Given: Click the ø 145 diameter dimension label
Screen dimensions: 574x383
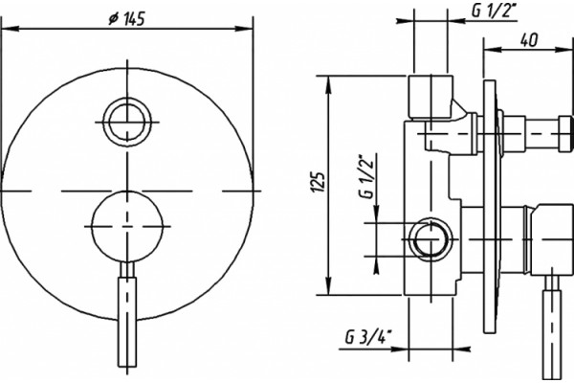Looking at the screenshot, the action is (127, 19).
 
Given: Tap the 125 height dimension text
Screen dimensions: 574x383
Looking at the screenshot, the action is (318, 182).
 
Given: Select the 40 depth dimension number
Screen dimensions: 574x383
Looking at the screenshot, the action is (529, 40).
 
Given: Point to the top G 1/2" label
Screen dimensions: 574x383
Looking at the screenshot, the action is (493, 11).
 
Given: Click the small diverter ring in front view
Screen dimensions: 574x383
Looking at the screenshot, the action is (127, 122).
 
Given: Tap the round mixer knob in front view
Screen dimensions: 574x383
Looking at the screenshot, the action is (127, 227).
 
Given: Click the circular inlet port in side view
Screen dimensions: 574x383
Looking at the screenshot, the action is (430, 239).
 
